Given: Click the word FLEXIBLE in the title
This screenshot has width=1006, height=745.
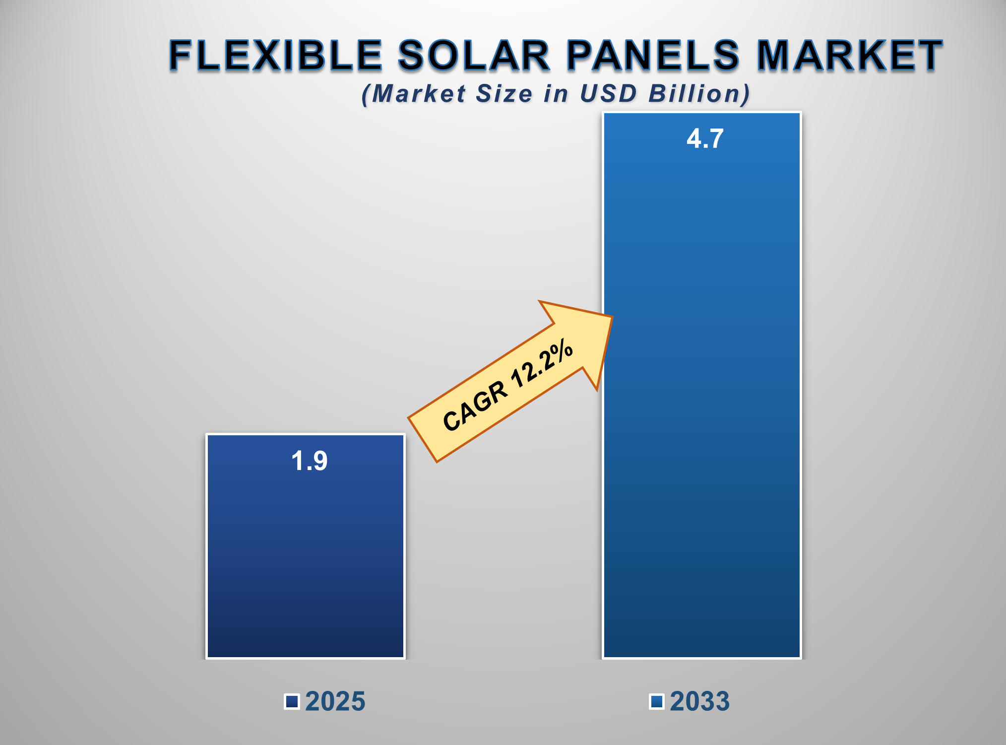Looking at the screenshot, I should tap(276, 55).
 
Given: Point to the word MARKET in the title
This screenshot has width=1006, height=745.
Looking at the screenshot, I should tap(849, 55).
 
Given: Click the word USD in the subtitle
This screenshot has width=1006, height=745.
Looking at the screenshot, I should tap(608, 94).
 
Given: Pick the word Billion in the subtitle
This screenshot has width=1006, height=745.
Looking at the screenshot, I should tap(699, 94).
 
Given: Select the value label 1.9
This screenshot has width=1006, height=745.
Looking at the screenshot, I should tap(309, 461).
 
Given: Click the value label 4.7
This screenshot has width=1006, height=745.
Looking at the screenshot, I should tap(705, 138).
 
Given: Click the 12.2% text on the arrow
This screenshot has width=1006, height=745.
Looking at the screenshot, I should tap(542, 365).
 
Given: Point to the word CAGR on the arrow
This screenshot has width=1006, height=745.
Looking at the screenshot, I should tap(475, 406).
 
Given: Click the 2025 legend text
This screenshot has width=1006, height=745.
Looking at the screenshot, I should tap(335, 701).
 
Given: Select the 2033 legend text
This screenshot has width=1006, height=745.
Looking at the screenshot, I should tap(699, 701).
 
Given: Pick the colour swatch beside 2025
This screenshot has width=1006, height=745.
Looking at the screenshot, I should tap(292, 702).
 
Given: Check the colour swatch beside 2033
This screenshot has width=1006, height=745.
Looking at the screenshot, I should tap(657, 702).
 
